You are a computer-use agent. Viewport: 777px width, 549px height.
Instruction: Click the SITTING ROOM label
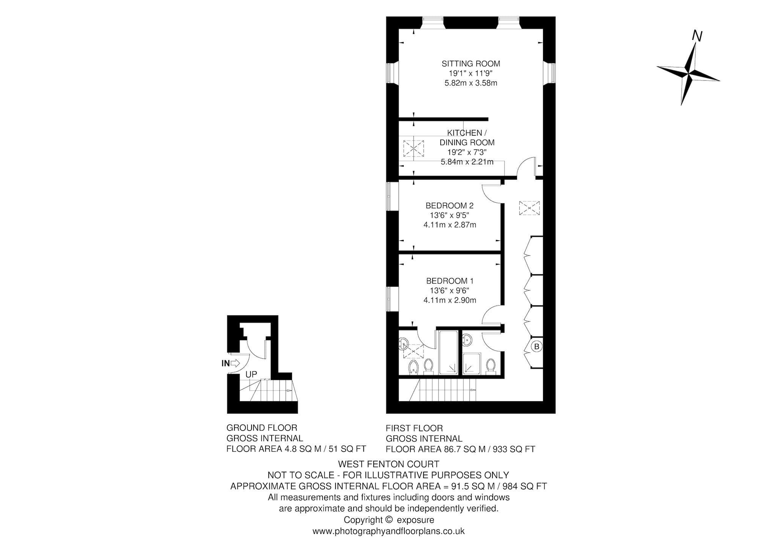click(x=471, y=64)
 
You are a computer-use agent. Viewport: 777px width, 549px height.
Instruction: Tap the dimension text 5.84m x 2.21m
click(x=467, y=162)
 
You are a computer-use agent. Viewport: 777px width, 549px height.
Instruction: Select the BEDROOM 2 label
click(x=450, y=206)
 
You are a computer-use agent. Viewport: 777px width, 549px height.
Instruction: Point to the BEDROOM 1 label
click(x=450, y=281)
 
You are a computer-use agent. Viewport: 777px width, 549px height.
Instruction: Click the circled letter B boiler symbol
click(x=537, y=346)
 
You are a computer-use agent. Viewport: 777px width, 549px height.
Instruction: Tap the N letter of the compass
click(x=697, y=36)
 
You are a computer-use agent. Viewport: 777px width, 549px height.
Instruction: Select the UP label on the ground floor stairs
click(x=251, y=374)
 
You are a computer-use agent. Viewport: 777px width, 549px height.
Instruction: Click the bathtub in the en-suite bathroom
click(x=449, y=352)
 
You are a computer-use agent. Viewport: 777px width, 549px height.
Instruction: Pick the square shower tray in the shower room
click(x=472, y=364)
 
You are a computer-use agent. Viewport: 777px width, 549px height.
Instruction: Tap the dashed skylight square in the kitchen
click(x=414, y=148)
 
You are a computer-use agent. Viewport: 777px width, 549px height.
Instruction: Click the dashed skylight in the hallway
click(x=529, y=208)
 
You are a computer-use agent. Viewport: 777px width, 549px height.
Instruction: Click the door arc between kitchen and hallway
click(x=527, y=167)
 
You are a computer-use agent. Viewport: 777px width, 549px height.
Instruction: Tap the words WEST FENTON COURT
click(x=388, y=464)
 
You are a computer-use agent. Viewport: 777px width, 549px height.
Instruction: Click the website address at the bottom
click(x=388, y=532)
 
